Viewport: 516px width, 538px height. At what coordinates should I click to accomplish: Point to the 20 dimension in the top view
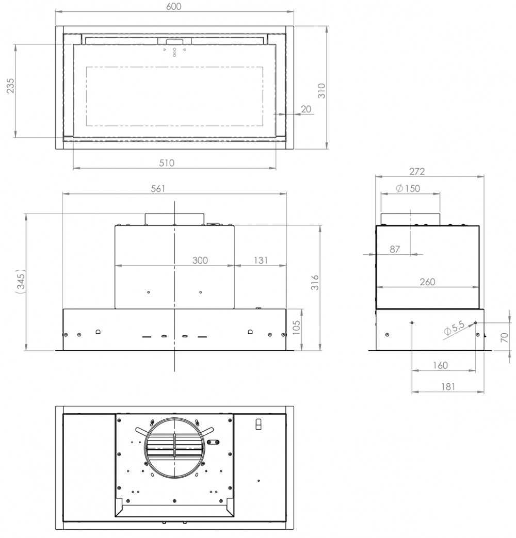[x=306, y=109]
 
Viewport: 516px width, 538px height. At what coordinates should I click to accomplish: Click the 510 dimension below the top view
[x=167, y=163]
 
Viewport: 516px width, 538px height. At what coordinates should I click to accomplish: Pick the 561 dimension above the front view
[x=158, y=188]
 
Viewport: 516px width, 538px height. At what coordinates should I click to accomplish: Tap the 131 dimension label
[x=261, y=260]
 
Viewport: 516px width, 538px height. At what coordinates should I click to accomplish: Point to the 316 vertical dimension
[x=315, y=283]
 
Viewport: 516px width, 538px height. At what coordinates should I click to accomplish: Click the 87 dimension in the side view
[x=395, y=249]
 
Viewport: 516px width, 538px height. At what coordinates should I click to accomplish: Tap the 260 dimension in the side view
[x=427, y=282]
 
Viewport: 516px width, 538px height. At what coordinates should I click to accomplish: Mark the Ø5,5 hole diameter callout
[x=454, y=329]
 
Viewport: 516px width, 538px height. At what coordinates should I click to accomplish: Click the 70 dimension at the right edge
[x=505, y=337]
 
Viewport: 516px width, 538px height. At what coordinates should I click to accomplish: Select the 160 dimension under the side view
[x=440, y=365]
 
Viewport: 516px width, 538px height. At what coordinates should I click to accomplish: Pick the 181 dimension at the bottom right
[x=448, y=386]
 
